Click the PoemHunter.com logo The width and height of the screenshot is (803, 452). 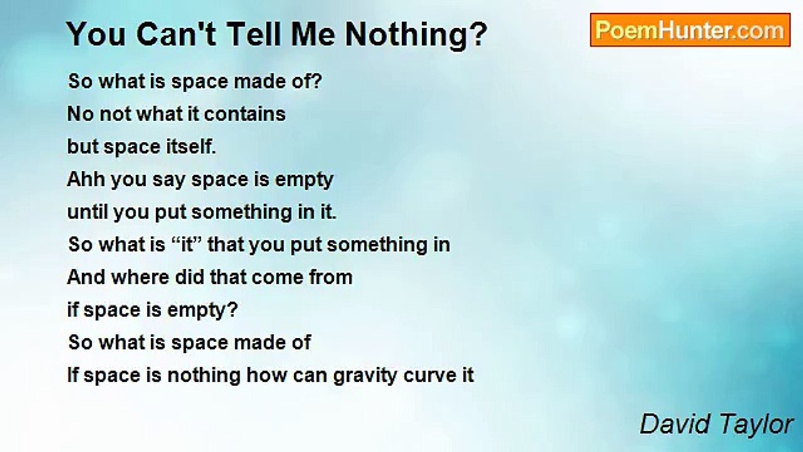point(690,30)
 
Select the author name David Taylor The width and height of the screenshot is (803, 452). point(716,424)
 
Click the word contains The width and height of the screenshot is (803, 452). point(245,114)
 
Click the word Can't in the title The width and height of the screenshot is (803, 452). point(176,34)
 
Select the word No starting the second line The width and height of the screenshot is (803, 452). point(80,114)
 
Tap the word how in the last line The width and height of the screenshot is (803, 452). point(267,375)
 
